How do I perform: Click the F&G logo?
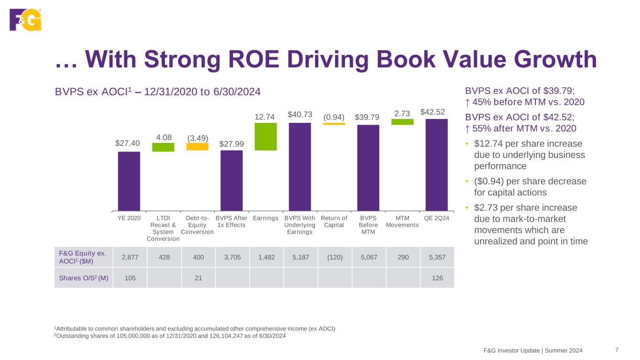point(25,20)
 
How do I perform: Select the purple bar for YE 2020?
point(129,181)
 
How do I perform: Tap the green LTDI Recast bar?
point(163,147)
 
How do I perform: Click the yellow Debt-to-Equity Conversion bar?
point(197,147)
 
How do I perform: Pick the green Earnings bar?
point(266,136)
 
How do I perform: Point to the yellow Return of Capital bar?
point(334,124)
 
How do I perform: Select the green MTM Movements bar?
point(402,122)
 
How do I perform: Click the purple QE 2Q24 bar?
point(437,165)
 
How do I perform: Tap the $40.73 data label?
point(300,115)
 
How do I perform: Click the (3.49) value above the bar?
point(197,138)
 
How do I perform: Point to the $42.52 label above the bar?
point(433,112)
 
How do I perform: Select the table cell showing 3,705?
point(233,257)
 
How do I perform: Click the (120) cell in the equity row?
point(335,257)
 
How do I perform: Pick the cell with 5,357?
point(437,257)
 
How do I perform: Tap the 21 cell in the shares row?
point(198,278)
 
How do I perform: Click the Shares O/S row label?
point(84,278)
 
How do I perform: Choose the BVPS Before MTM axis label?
point(368,225)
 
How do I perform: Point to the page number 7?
point(617,350)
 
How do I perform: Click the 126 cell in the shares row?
point(437,278)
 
